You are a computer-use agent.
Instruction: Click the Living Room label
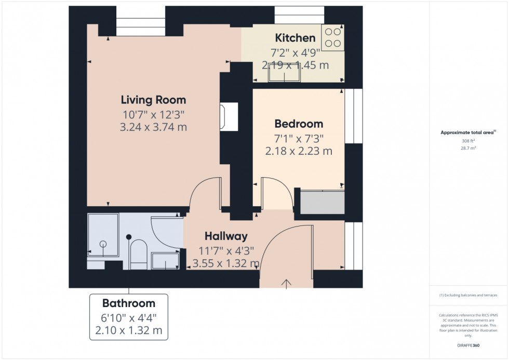tap(153, 100)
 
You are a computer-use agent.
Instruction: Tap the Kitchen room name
tap(295, 38)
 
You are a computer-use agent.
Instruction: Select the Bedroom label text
tap(299, 124)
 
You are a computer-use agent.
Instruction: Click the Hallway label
tap(225, 237)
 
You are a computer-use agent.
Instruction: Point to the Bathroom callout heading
tap(128, 303)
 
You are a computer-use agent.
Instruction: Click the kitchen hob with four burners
tap(333, 37)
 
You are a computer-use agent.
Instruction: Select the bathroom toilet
tap(138, 255)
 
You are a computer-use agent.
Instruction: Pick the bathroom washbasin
tap(166, 260)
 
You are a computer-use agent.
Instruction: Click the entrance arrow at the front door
tap(286, 283)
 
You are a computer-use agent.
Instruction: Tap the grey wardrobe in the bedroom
tap(323, 203)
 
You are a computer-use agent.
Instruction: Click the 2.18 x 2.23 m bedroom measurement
tap(299, 151)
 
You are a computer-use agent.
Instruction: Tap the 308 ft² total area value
tap(468, 141)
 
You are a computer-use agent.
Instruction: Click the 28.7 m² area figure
tap(468, 148)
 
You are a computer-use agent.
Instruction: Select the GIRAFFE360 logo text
tap(468, 345)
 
